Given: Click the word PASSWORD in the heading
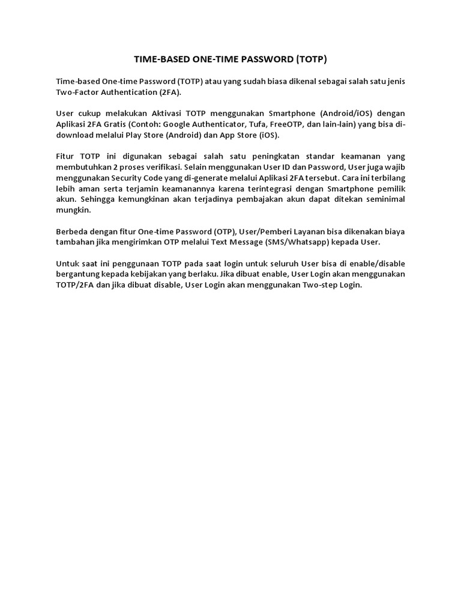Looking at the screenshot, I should [x=267, y=59].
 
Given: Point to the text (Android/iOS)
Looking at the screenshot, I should [x=347, y=114].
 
